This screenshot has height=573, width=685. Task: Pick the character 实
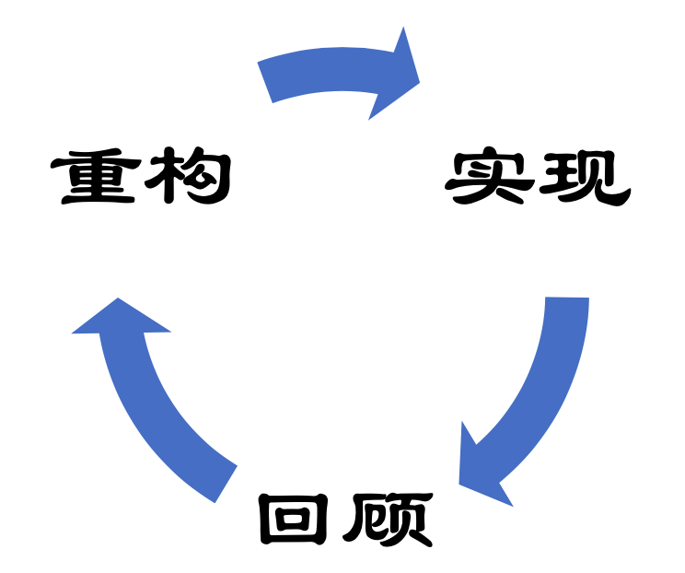pyautogui.click(x=491, y=178)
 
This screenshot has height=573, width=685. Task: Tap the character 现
pyautogui.click(x=586, y=178)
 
